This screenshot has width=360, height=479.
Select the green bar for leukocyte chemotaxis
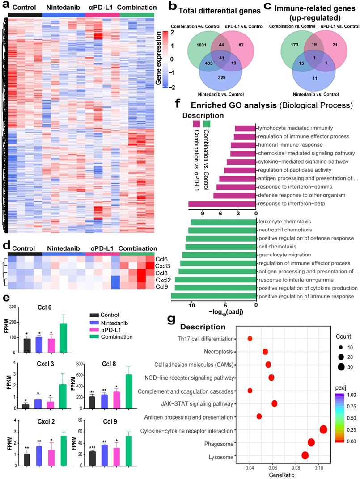coord(223,222)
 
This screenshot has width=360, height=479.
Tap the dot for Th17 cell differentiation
coord(250,339)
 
